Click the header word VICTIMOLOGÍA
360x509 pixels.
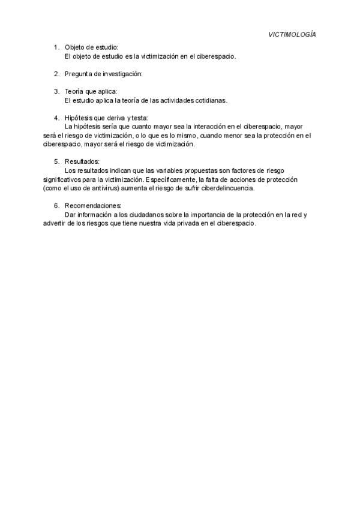click(292, 35)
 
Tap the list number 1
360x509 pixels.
click(56, 47)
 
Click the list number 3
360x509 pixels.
click(56, 91)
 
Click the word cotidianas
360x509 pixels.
click(210, 100)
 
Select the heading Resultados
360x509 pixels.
click(82, 161)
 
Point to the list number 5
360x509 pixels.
click(56, 161)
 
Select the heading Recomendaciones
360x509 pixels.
click(92, 205)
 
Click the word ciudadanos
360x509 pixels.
click(143, 214)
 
